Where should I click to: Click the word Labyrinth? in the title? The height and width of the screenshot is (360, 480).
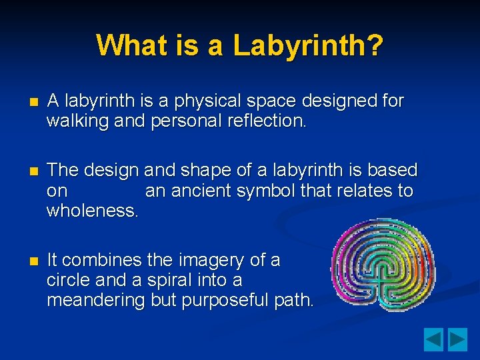pos(308,45)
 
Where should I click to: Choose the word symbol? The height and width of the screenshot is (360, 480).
pos(267,191)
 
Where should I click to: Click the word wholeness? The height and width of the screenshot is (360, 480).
pos(93,211)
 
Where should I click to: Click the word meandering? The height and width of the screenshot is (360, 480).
pos(96,300)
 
